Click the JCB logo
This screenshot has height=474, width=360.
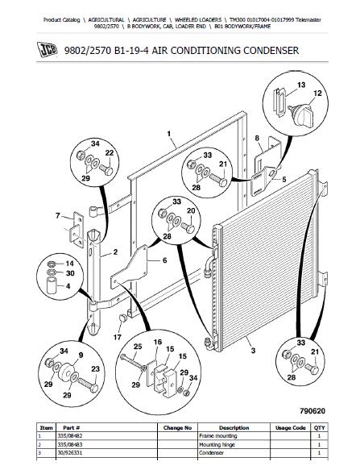(x=47, y=50)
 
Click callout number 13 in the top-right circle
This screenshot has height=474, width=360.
(x=301, y=85)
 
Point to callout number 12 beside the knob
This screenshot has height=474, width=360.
(x=317, y=94)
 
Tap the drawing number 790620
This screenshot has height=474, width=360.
(x=312, y=411)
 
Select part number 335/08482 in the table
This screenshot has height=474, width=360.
(x=70, y=436)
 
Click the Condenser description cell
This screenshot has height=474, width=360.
(x=211, y=453)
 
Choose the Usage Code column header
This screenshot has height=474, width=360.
(x=290, y=428)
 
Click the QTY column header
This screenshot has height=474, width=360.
(x=320, y=428)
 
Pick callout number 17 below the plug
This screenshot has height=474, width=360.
(x=118, y=337)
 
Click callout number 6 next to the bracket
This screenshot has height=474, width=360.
(x=164, y=260)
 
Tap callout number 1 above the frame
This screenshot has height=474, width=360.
(x=169, y=133)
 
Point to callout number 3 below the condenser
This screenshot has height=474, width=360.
(x=253, y=351)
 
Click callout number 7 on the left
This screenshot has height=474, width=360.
(x=58, y=216)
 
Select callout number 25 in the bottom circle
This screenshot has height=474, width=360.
(x=138, y=347)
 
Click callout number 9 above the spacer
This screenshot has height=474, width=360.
(x=81, y=355)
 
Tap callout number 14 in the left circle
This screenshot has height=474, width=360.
(x=69, y=264)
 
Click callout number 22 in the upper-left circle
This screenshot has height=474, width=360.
(x=110, y=153)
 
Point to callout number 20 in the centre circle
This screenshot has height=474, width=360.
(x=191, y=210)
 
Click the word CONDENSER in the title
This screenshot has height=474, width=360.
(x=271, y=50)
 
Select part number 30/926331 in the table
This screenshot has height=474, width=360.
(x=70, y=453)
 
